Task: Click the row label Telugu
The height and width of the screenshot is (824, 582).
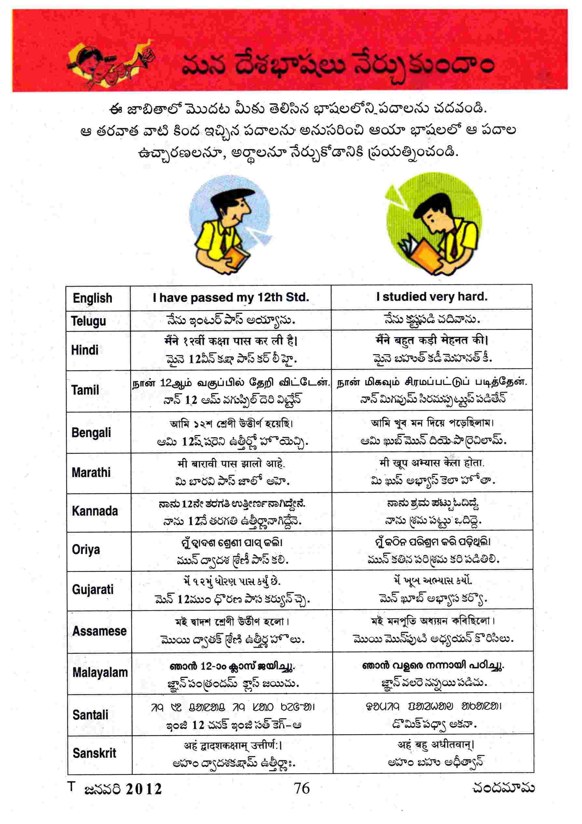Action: coord(88,321)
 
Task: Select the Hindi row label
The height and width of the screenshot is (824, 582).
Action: coord(85,350)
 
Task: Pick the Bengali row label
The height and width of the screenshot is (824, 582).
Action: coord(91,432)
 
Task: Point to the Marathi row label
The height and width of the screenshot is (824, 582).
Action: coord(91,472)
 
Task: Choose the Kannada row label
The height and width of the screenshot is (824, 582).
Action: coord(95,511)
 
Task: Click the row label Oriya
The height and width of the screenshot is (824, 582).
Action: coord(86,550)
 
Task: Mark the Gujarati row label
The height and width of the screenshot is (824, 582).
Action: coord(93,589)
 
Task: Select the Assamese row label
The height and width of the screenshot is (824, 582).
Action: coord(100,631)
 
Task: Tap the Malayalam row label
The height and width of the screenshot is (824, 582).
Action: coord(100,672)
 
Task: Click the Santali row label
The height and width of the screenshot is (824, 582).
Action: coord(90,714)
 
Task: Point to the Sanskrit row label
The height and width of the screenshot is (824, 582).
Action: coord(94,753)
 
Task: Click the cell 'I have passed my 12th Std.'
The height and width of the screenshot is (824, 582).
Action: coord(231,298)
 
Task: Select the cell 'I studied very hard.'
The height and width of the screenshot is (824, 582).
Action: coord(432,297)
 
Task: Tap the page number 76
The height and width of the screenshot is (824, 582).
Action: coord(302,789)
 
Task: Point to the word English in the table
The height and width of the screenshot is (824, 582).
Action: coord(92,298)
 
